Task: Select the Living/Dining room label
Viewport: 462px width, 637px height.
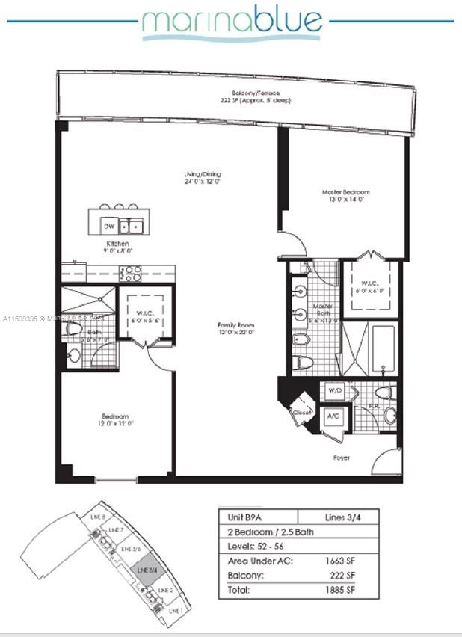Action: pyautogui.click(x=203, y=178)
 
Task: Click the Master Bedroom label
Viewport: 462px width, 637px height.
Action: pyautogui.click(x=345, y=196)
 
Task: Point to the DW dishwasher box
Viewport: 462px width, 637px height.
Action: pyautogui.click(x=108, y=225)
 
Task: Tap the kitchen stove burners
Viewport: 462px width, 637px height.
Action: pyautogui.click(x=131, y=273)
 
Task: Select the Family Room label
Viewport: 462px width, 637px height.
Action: pyautogui.click(x=236, y=329)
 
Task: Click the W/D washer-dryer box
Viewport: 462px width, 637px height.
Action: pyautogui.click(x=334, y=392)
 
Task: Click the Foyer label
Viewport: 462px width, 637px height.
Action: pyautogui.click(x=342, y=457)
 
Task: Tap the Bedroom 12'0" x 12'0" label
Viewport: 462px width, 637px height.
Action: pyautogui.click(x=116, y=420)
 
